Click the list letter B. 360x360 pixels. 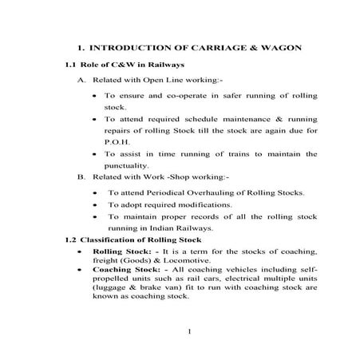[x=81, y=176]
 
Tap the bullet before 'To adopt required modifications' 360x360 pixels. [x=96, y=205]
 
